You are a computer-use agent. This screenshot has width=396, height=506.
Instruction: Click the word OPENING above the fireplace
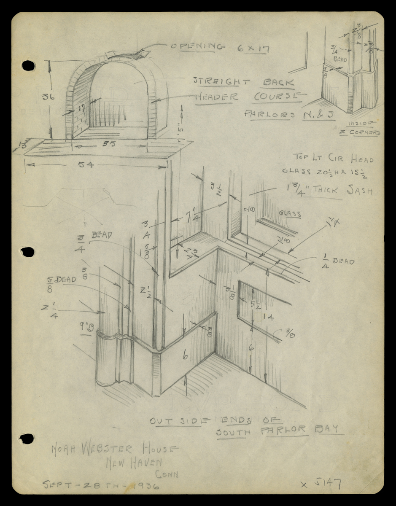point(197,47)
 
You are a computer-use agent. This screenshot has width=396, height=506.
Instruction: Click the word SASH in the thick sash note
point(360,191)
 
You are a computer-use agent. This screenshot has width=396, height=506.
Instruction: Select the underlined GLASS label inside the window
point(290,214)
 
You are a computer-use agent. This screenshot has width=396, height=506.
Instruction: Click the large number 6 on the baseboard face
point(184,355)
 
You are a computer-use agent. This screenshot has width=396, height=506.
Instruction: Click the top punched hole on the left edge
point(28,66)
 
